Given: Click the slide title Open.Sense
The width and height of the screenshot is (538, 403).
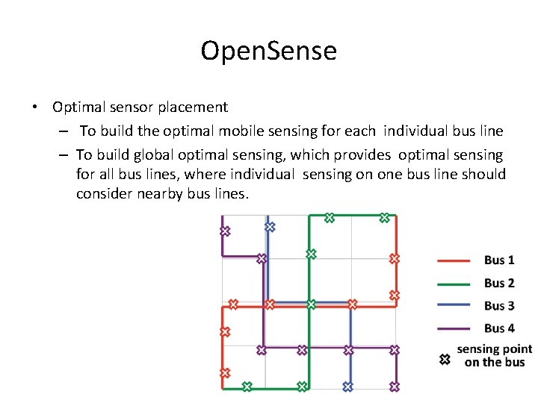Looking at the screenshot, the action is (269, 51).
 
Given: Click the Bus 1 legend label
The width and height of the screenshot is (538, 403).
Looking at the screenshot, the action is (499, 260).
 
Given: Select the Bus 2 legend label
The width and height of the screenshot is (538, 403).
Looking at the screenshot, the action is (499, 283).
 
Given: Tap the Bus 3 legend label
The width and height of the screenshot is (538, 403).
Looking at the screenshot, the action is (499, 306).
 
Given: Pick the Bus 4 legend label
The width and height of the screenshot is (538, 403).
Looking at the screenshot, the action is (499, 328).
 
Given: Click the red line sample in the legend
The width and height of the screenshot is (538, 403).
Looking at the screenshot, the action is (454, 260).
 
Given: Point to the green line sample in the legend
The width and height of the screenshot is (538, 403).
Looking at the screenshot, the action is (454, 284).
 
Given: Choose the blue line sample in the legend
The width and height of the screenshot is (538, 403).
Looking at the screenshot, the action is (454, 306).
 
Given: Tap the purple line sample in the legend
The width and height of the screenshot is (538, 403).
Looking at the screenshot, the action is (454, 328).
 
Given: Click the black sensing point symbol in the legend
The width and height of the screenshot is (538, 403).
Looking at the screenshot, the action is (444, 360).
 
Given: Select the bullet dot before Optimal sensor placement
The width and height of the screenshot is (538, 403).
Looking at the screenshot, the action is (35, 107).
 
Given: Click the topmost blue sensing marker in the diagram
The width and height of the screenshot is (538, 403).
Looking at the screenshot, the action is (270, 226).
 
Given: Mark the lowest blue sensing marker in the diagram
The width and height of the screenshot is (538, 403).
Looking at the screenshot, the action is (347, 387).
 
